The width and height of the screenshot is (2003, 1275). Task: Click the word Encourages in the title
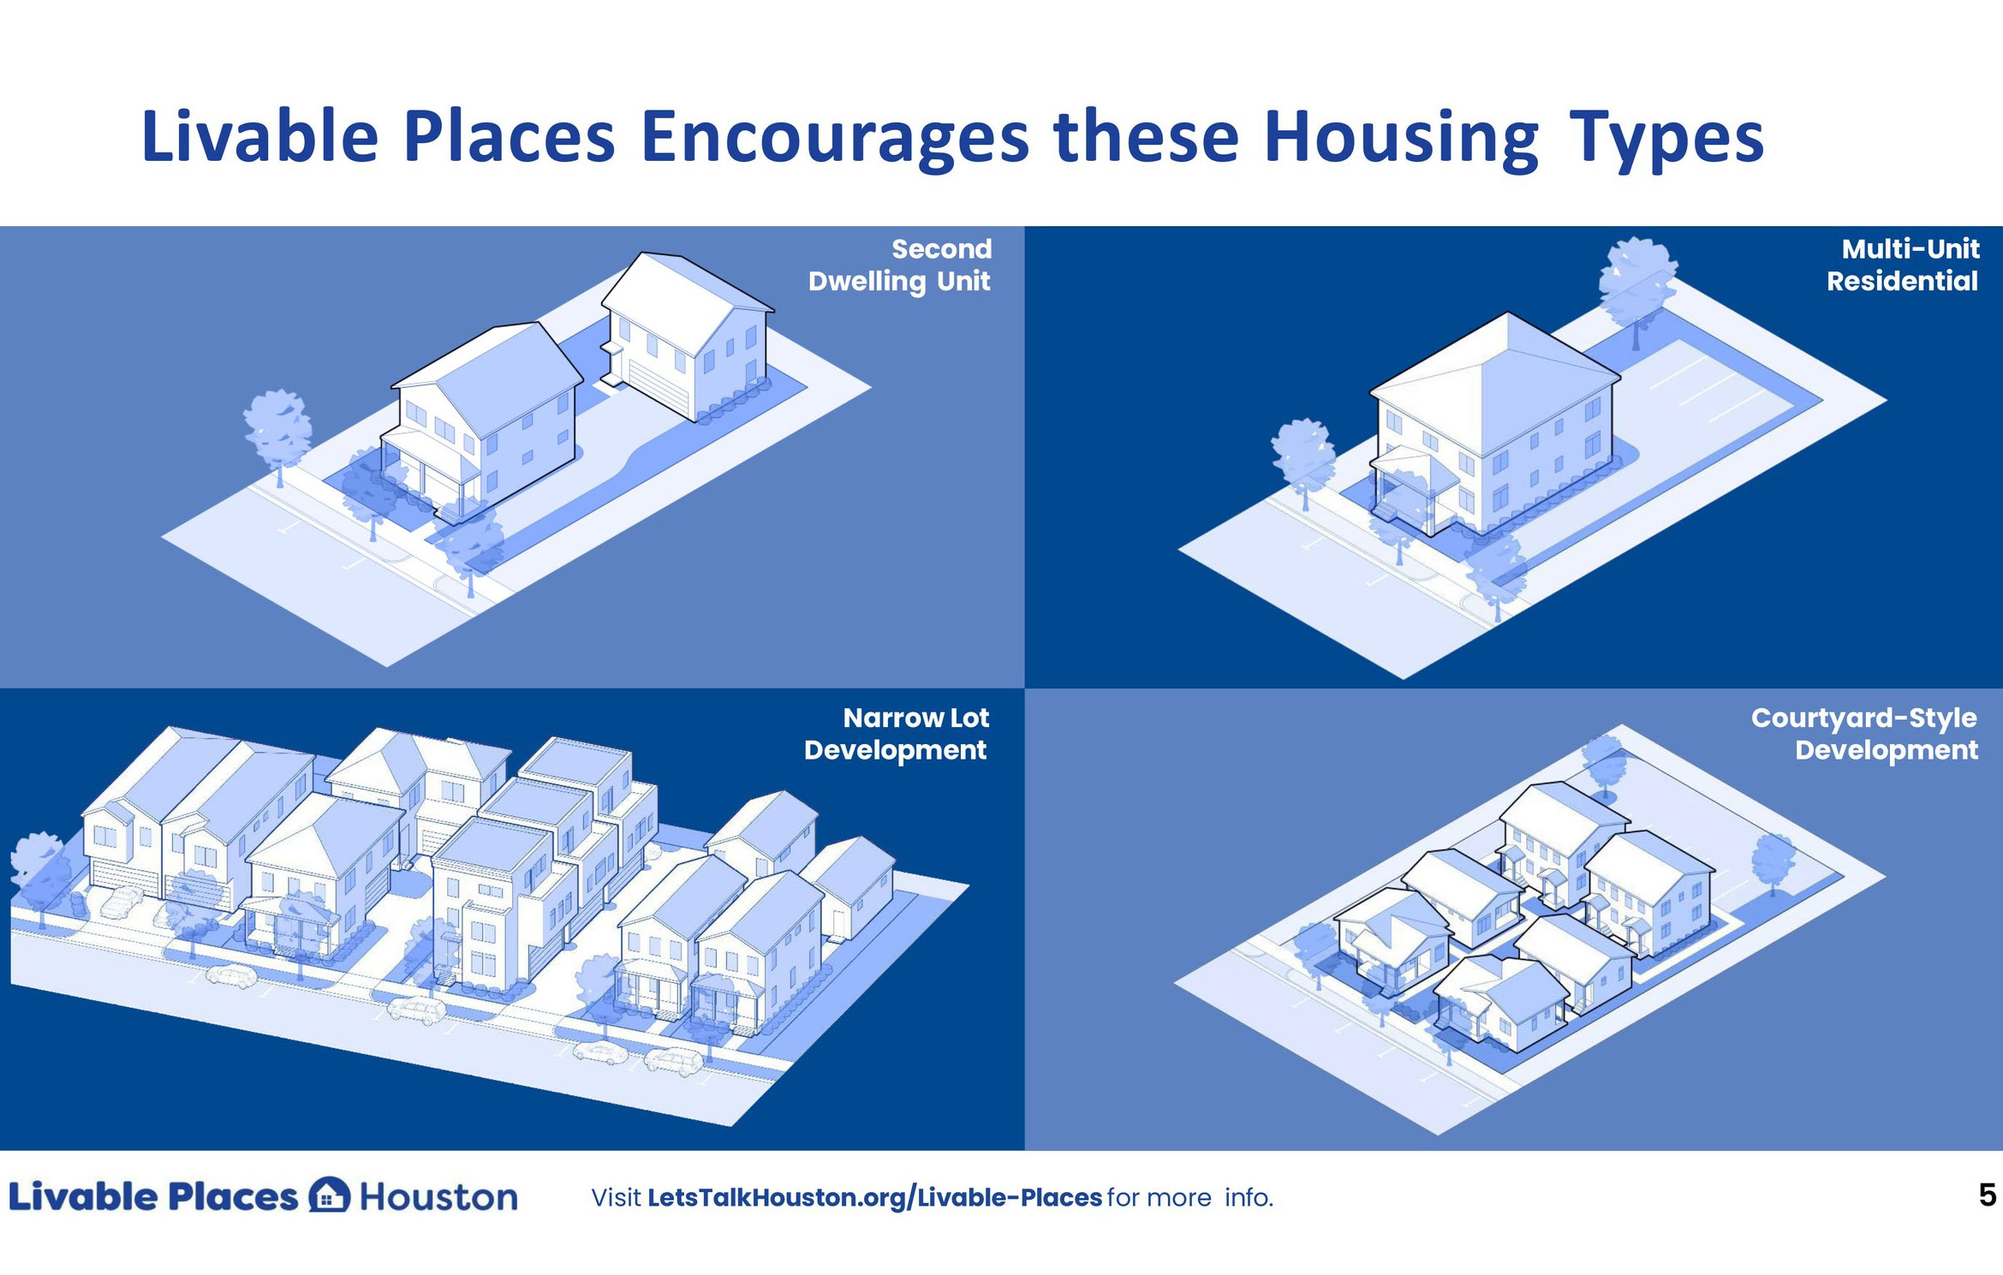pos(834,137)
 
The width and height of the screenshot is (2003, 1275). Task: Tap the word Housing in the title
pos(1401,137)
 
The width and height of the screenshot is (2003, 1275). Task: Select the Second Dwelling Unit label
pos(899,265)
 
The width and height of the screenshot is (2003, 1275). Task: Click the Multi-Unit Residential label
pos(1903,265)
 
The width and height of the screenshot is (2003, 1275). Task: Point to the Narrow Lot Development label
pos(897,733)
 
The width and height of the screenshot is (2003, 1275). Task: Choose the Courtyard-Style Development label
pos(1865,733)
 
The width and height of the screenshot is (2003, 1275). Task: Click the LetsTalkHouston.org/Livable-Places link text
pos(874,1197)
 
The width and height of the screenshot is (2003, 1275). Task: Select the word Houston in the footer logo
pos(438,1197)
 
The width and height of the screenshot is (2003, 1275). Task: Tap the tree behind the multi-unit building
pos(1636,283)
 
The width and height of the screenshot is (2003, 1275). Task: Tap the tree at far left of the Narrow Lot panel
pos(39,869)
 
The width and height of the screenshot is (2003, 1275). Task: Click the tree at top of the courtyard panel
pos(1603,762)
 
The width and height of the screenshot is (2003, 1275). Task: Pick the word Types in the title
pos(1666,137)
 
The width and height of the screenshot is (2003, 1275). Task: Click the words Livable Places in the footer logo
pos(152,1197)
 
